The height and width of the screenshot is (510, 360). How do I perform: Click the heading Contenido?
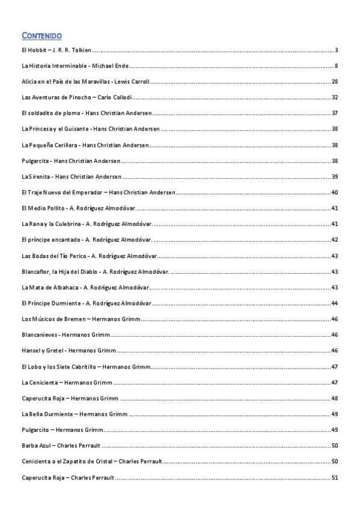pyautogui.click(x=41, y=36)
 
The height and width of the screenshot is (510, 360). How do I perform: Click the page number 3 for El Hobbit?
pyautogui.click(x=337, y=49)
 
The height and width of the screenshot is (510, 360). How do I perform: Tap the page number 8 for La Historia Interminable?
pyautogui.click(x=337, y=65)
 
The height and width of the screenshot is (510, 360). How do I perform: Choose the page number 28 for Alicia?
pyautogui.click(x=335, y=81)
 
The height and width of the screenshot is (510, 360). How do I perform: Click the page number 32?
pyautogui.click(x=335, y=97)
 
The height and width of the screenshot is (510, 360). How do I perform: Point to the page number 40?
pyautogui.click(x=335, y=192)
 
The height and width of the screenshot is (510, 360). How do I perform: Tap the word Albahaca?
pyautogui.click(x=64, y=287)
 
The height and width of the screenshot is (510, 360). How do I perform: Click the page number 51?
pyautogui.click(x=335, y=478)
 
